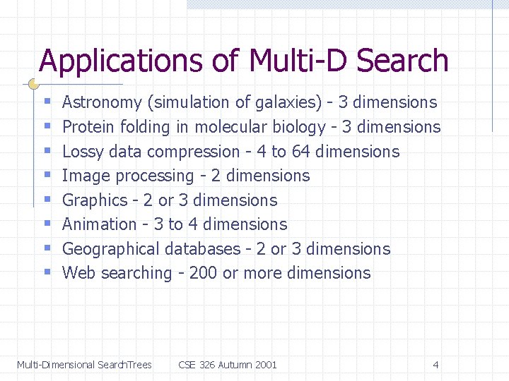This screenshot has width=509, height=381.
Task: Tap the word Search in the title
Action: click(403, 62)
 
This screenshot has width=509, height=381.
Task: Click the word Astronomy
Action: click(102, 103)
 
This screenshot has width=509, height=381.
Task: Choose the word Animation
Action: click(99, 224)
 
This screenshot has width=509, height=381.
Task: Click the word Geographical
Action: click(111, 249)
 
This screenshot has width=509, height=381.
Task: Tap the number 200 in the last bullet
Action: click(204, 273)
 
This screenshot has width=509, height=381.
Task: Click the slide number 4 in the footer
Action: click(435, 365)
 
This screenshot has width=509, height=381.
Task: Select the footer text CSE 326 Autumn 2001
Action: click(228, 365)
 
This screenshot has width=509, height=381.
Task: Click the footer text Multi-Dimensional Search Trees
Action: click(84, 365)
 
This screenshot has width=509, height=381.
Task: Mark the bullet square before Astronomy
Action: click(47, 103)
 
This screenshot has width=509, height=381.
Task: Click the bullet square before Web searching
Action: click(47, 273)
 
